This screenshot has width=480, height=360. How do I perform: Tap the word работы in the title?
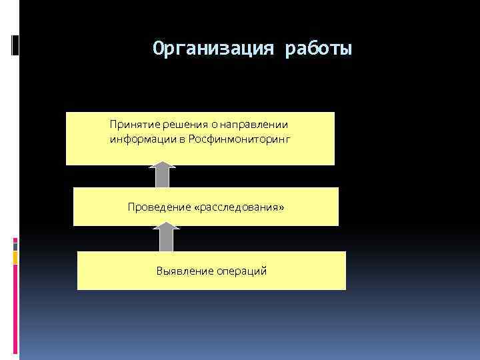(x=318, y=49)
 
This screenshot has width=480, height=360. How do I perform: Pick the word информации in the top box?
(x=135, y=139)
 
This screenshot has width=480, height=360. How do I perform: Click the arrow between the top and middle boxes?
(x=162, y=175)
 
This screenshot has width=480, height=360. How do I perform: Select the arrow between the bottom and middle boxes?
(x=166, y=238)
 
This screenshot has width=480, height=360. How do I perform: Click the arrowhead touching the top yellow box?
(x=162, y=164)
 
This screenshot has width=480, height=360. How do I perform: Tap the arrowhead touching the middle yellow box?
(x=166, y=227)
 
